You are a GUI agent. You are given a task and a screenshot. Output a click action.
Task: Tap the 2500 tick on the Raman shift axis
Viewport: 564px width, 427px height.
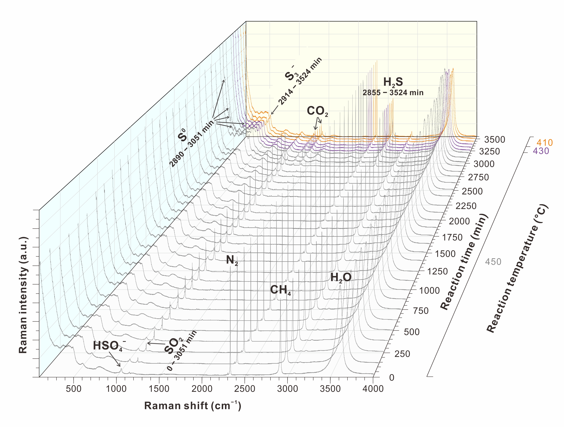(x=245, y=389)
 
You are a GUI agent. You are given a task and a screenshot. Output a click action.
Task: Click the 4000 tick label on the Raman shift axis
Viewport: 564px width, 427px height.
(x=373, y=389)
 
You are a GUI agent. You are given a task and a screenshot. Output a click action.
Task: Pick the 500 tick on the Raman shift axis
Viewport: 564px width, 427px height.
(x=74, y=389)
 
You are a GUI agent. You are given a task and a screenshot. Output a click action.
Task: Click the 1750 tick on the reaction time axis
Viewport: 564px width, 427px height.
(x=452, y=237)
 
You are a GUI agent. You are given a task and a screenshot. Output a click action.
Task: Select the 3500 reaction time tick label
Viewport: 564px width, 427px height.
(x=495, y=140)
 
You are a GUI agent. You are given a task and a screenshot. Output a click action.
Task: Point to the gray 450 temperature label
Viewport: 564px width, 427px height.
(x=493, y=262)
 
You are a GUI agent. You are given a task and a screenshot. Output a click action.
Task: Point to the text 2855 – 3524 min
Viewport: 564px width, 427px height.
(x=393, y=93)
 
